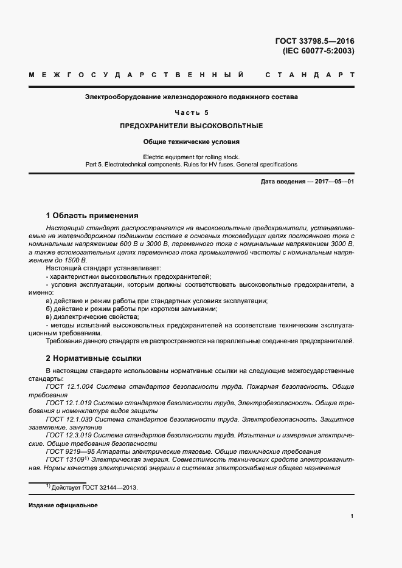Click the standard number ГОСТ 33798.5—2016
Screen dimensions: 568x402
[314, 41]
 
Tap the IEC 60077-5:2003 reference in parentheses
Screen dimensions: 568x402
[318, 51]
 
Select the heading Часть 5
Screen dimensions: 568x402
[192, 112]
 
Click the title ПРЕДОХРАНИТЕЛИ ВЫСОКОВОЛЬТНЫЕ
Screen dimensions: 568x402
[192, 126]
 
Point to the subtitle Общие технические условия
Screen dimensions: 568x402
[192, 142]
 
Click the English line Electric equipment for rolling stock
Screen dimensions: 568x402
[192, 157]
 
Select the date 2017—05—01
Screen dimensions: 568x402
[333, 182]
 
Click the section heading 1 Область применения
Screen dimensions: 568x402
[92, 215]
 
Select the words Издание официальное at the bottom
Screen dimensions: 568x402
[63, 505]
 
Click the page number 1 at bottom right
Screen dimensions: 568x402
[352, 516]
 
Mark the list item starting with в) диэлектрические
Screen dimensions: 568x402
[85, 317]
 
